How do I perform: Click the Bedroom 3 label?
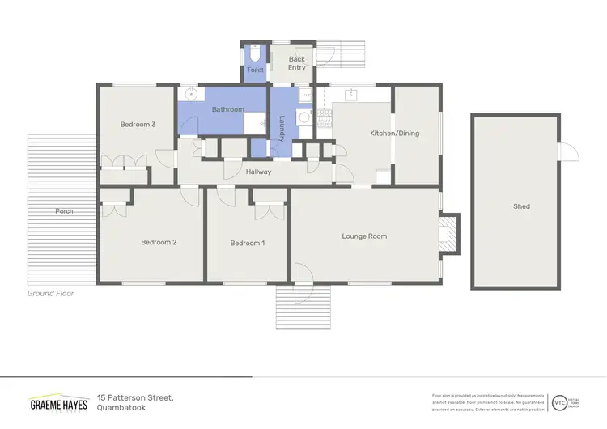click(137, 124)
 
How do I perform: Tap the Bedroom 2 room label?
click(159, 242)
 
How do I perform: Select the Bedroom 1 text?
click(247, 243)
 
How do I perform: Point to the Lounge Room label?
click(364, 236)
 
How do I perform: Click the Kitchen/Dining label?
click(394, 133)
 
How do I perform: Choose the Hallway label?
click(259, 172)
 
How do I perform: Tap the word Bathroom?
click(227, 109)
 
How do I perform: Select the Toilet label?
click(255, 70)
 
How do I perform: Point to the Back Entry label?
click(297, 63)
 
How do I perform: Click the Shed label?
click(521, 206)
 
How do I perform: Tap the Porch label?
click(64, 211)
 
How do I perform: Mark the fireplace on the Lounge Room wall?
click(448, 235)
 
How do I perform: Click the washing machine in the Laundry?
click(304, 117)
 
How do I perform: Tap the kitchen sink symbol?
click(353, 93)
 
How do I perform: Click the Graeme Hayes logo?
click(58, 402)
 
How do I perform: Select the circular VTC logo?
click(559, 401)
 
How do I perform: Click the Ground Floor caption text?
click(50, 293)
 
